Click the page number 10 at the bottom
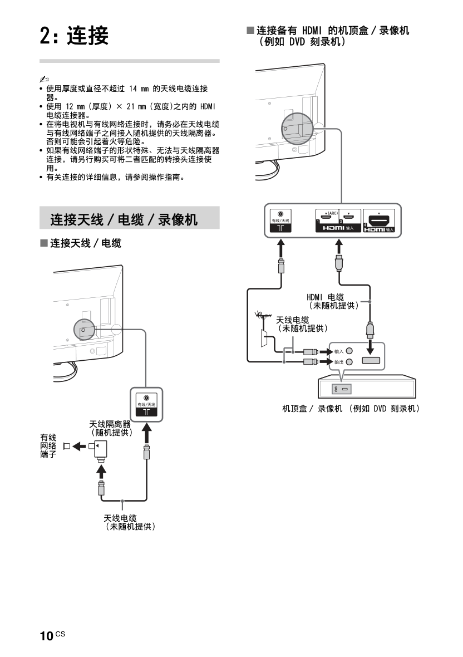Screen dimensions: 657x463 coord(46,636)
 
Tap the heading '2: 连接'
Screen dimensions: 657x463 coord(74,36)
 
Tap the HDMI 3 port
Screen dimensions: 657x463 coord(348,218)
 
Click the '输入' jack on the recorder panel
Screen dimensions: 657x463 coord(349,351)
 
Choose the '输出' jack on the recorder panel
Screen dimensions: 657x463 coord(349,362)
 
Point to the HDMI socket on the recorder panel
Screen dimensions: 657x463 coord(370,360)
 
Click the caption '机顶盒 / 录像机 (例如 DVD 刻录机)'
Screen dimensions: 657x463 coord(351,409)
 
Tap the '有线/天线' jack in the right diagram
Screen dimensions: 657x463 coord(280,213)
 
